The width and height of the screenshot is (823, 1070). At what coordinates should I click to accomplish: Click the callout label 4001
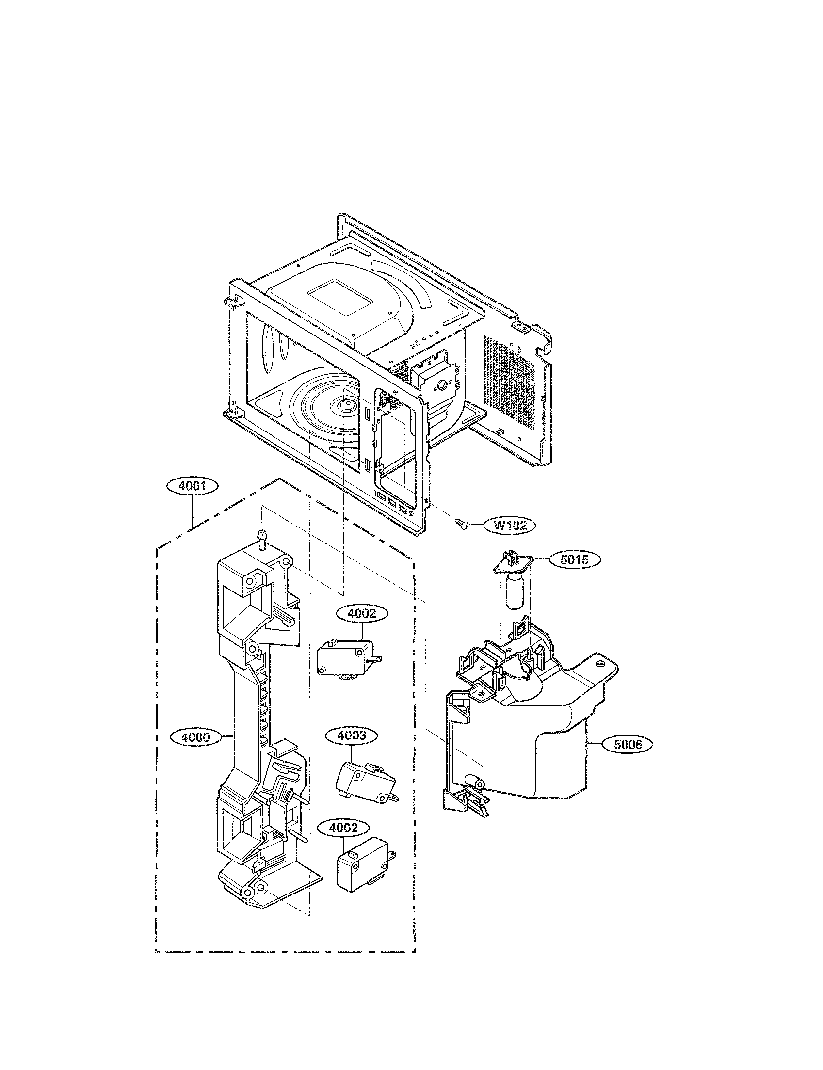tap(192, 487)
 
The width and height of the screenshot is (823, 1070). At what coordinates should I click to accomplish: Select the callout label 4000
tap(195, 750)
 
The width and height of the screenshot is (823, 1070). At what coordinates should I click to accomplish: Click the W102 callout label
tap(509, 526)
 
